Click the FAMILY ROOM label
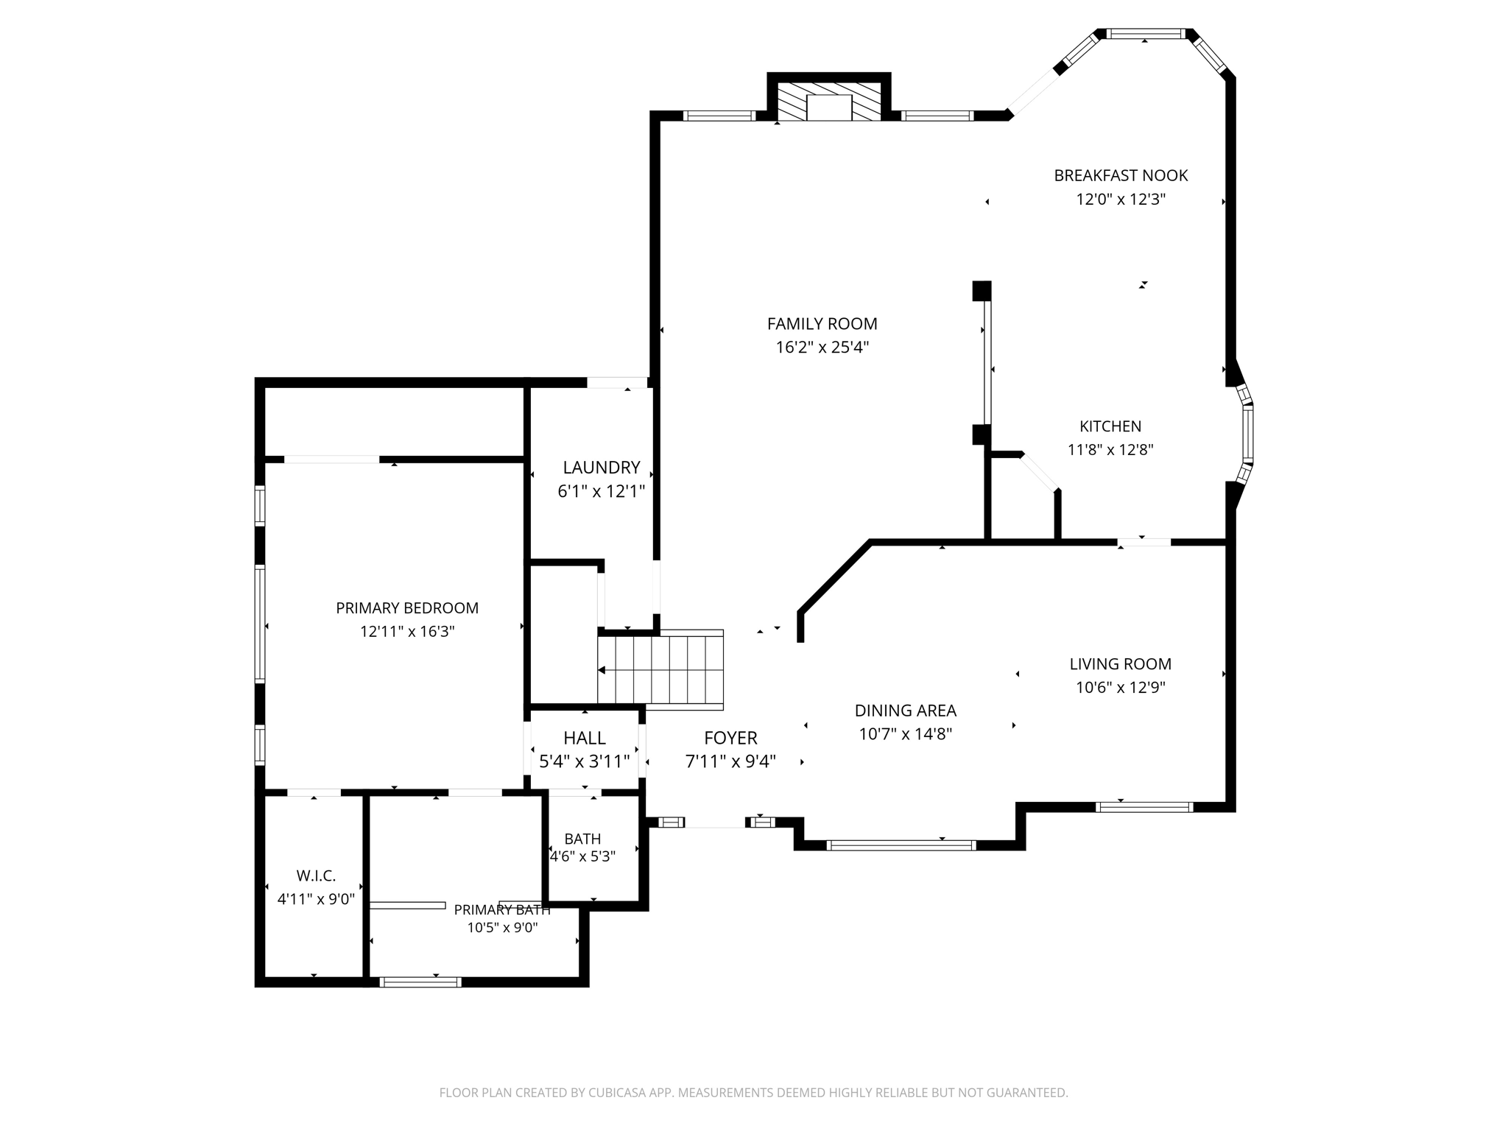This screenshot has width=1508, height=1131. pos(822,323)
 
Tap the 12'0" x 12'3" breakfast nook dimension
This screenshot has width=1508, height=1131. pos(1121,199)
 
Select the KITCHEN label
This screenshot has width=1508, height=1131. pos(1110,426)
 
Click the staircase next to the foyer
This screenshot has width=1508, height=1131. pos(660,670)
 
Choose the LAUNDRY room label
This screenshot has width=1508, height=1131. pos(601,467)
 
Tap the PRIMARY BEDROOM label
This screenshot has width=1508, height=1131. pos(407,607)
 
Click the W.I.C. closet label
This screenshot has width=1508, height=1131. pos(316,875)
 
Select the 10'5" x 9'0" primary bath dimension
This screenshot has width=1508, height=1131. pos(502,928)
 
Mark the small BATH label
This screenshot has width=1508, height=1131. pos(582,839)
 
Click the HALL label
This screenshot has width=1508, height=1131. pos(585,738)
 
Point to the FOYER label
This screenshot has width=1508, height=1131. pos(730,738)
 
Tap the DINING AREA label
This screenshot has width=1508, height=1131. pos(905,711)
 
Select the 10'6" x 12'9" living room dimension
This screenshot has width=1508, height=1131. pos(1120,688)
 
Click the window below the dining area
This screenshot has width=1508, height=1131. pos(901,845)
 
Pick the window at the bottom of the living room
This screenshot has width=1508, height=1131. pos(1144,807)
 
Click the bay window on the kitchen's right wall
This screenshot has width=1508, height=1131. pos(1247,434)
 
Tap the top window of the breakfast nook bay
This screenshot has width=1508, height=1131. pos(1146,34)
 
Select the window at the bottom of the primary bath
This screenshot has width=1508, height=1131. pos(420,982)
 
